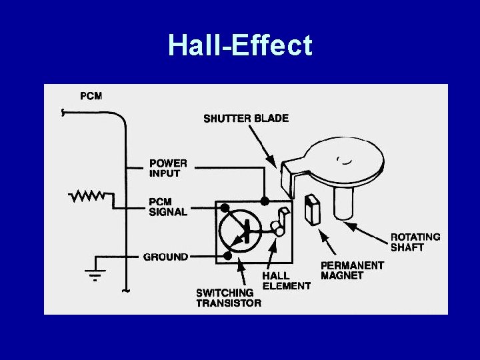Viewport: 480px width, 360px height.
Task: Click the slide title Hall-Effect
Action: tap(240, 45)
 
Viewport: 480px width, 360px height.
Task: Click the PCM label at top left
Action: tap(91, 96)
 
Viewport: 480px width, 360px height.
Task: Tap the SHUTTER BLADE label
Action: tap(246, 119)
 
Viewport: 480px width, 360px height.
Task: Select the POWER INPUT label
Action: tap(168, 168)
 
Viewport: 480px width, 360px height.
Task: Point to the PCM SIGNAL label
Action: tap(168, 206)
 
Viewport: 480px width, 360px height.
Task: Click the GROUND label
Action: tap(165, 257)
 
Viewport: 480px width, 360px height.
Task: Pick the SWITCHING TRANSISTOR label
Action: tap(229, 298)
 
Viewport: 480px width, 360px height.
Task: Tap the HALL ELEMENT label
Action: tap(286, 281)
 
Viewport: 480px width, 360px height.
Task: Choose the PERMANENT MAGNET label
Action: tap(352, 270)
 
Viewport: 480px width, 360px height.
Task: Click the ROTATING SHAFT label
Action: tap(415, 242)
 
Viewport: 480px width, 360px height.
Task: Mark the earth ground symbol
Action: tap(96, 273)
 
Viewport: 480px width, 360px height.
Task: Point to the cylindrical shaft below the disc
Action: tap(345, 202)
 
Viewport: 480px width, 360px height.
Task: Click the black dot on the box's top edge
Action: tap(265, 201)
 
